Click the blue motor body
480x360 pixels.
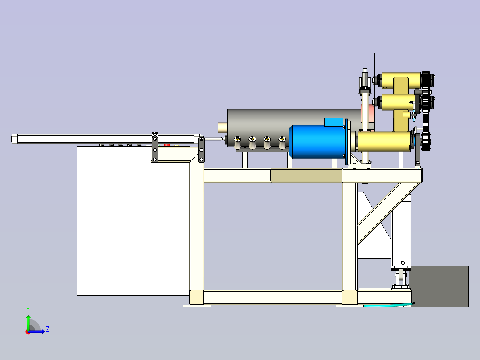coord(317,142)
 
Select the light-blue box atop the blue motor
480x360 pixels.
coord(334,122)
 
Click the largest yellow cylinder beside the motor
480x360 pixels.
coord(385,141)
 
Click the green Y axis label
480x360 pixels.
coord(28,310)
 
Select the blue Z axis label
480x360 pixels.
coord(48,329)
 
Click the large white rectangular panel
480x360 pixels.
coord(134,221)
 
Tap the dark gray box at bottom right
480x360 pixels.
coord(440,286)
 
